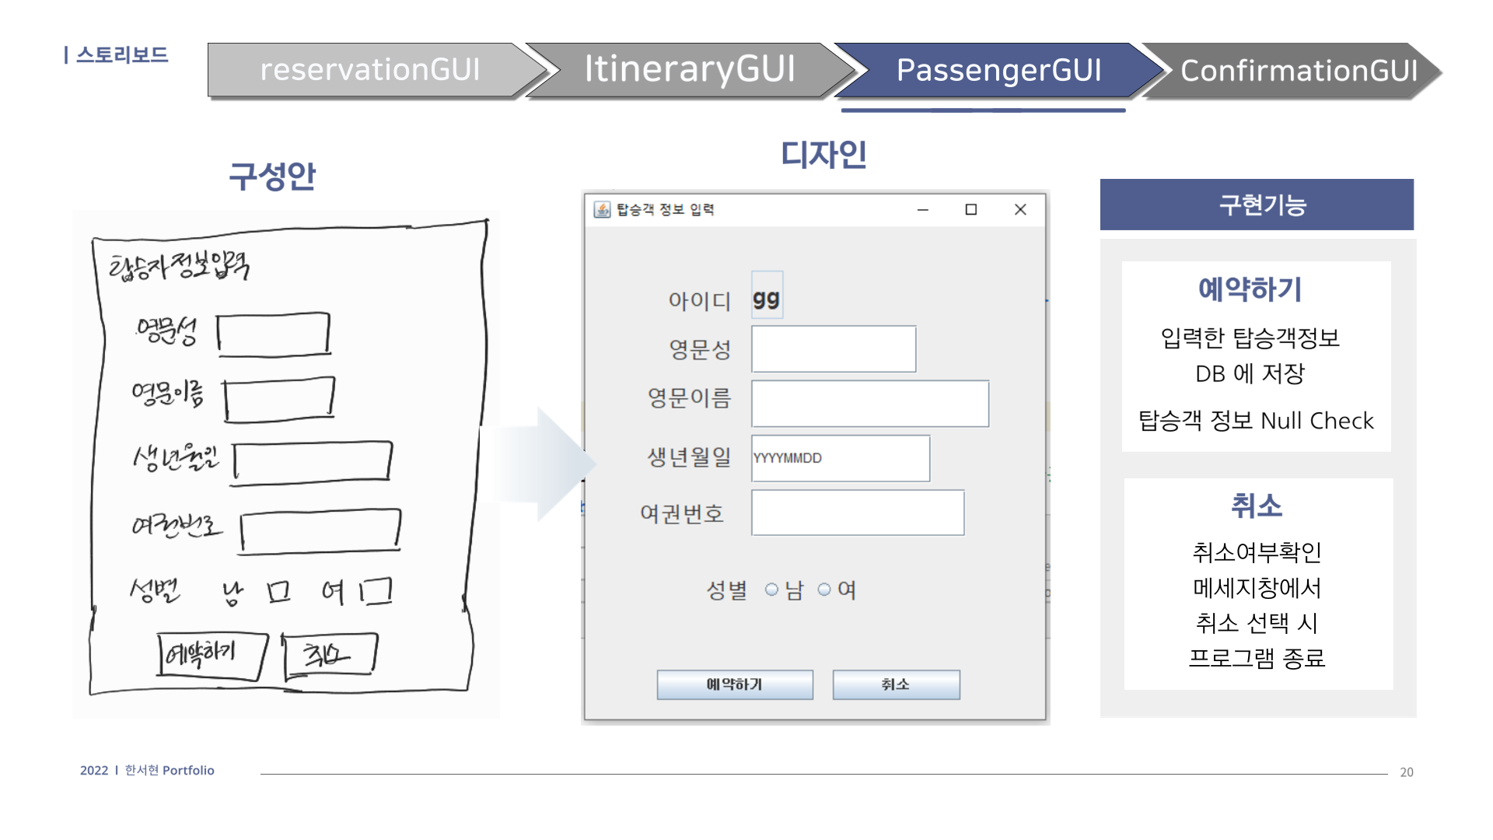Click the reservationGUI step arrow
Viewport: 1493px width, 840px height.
coord(370,70)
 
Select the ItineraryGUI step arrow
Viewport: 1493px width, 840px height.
coord(689,70)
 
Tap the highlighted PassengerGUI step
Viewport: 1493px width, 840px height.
coord(998,70)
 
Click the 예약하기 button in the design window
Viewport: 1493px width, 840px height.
coord(735,684)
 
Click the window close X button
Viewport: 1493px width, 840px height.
coord(1020,209)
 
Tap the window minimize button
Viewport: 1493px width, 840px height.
coord(923,209)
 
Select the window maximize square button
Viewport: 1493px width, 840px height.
coord(971,209)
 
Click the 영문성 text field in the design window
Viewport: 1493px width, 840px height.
coord(834,349)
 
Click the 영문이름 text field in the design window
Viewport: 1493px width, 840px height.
coord(870,404)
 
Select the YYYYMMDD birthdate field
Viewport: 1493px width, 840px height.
coord(841,458)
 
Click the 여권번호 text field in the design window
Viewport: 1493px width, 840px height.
coord(858,513)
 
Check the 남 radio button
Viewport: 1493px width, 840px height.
coord(771,590)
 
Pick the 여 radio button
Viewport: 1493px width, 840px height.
coord(824,590)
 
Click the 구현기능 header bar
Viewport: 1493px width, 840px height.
coord(1257,205)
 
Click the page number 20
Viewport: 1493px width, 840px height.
coord(1406,772)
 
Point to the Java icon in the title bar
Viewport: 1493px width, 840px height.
coord(602,209)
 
